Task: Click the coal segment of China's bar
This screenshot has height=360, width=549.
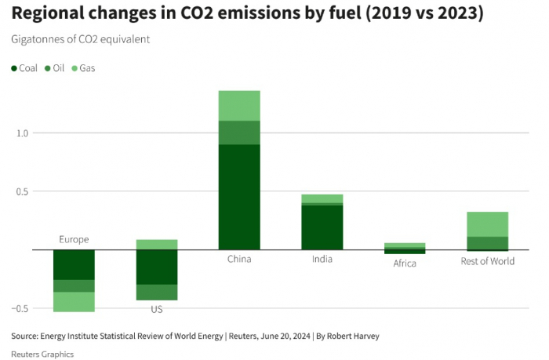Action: tap(239, 197)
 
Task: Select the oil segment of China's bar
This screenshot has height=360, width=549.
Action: tap(239, 133)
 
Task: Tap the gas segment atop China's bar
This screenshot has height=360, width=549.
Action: tap(239, 105)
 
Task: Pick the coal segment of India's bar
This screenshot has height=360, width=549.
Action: tap(322, 227)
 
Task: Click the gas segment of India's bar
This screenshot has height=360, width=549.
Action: tap(322, 198)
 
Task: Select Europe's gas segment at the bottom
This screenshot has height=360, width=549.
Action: tap(74, 302)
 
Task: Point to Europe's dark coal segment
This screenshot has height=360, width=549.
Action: tap(74, 264)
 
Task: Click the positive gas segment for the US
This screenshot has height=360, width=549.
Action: tap(157, 245)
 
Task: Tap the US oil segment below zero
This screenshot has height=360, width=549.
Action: tap(157, 292)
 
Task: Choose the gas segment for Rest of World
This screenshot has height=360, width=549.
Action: tap(488, 224)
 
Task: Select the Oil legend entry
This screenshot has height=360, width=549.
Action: tap(54, 68)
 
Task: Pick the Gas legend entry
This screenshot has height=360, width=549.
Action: tap(83, 68)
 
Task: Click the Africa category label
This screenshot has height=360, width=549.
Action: tap(405, 264)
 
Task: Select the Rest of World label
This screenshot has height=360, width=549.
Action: tap(488, 261)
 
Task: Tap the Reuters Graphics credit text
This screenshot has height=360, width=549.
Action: tap(42, 354)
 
